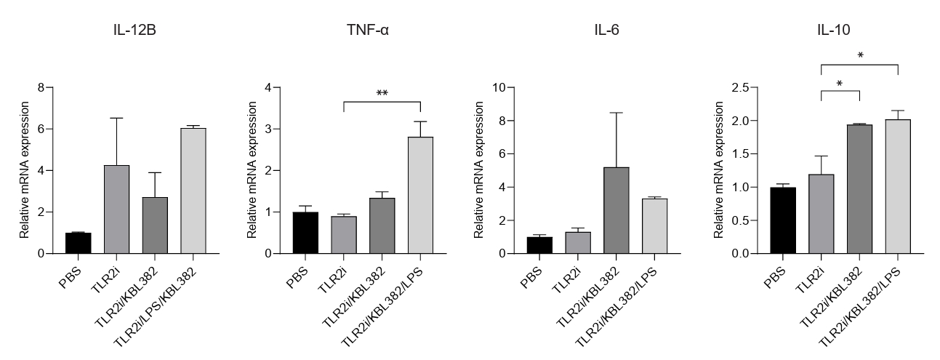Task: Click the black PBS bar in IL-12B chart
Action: click(x=78, y=243)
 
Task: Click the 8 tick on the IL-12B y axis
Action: click(x=41, y=88)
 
